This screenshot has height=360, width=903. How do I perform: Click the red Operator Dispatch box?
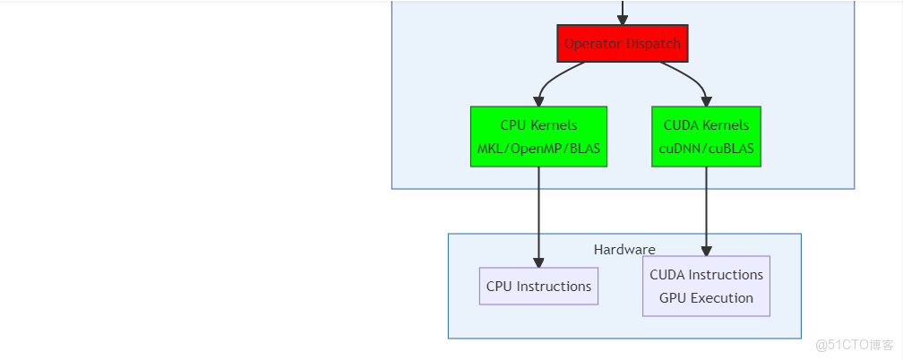click(x=622, y=43)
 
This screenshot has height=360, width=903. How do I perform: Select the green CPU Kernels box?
click(x=538, y=136)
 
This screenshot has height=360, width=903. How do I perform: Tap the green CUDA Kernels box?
click(x=706, y=136)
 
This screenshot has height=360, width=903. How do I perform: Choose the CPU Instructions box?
click(x=538, y=287)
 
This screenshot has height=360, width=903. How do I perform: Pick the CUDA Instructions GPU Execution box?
click(x=706, y=287)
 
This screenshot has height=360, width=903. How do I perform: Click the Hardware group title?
click(x=624, y=249)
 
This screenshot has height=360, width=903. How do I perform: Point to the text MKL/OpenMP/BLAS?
click(x=538, y=148)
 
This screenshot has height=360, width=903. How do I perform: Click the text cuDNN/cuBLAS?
click(x=706, y=148)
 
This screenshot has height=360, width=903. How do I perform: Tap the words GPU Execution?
click(x=706, y=298)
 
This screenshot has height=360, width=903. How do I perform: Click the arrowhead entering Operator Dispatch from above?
click(x=622, y=19)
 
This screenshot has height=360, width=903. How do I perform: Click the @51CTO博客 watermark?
click(x=855, y=345)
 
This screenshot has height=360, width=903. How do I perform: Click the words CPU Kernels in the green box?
click(x=538, y=125)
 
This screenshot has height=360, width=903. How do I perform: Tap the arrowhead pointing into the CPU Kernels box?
click(x=538, y=100)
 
